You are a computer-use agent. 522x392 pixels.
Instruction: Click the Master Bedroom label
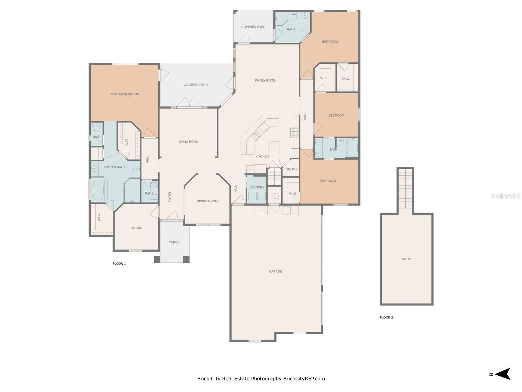tap(125, 94)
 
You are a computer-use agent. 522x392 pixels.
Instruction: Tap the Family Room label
tap(265, 80)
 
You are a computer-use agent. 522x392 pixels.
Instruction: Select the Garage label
tap(275, 271)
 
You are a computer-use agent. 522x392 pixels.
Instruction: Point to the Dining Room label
tap(207, 201)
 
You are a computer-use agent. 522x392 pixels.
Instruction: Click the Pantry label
tap(291, 169)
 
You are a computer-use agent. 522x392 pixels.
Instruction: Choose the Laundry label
tap(257, 187)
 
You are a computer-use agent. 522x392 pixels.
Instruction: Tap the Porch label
tap(174, 242)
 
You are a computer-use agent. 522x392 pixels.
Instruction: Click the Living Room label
tap(188, 142)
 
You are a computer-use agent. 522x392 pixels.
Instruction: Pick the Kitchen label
tap(262, 156)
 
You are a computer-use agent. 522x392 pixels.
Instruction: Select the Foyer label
tap(170, 197)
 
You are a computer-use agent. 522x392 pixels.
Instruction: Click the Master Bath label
tap(114, 167)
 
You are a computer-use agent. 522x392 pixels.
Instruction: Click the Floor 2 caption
tap(386, 317)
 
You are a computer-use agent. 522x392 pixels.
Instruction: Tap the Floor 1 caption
tap(119, 264)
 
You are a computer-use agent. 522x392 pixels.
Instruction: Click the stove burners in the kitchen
tap(294, 133)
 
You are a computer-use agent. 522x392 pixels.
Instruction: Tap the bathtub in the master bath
tap(98, 190)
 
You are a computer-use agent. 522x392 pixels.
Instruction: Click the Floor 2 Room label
tap(407, 259)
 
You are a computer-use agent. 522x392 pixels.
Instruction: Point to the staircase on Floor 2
tap(405, 188)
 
